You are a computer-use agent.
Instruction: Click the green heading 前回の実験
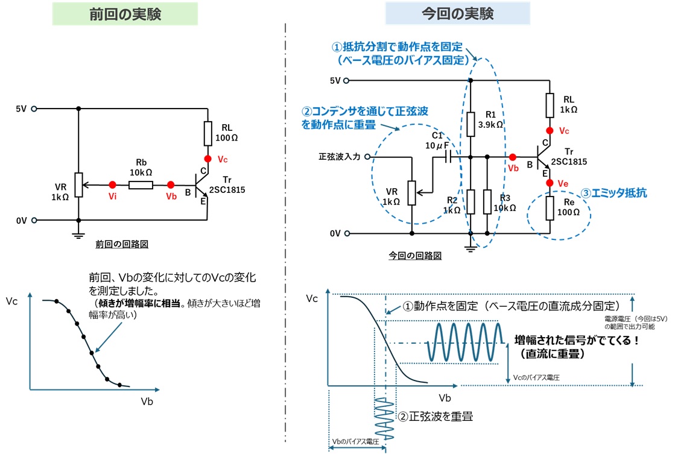125,14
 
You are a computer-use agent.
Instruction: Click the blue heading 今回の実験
458,14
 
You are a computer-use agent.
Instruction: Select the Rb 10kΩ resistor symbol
141,184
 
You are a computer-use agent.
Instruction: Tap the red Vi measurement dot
112,184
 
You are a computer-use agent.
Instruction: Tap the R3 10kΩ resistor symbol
487,202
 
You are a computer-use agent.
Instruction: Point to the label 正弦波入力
339,157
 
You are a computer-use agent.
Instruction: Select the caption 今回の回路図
415,256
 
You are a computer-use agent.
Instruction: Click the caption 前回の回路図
122,244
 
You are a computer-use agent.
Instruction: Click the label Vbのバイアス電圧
355,442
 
